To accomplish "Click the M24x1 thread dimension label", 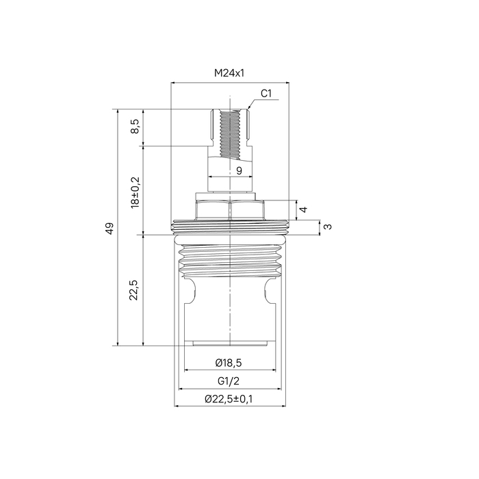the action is coord(229,73).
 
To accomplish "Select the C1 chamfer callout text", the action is coord(266,94).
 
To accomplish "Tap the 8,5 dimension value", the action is coord(135,126).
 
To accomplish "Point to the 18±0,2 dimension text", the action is coord(135,192).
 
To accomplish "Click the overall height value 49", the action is coord(109,228).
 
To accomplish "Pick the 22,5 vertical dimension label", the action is coord(134,290).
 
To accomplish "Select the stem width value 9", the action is coord(239,171).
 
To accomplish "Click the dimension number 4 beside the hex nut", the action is coord(304,209).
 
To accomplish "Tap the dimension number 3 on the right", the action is coord(328,226).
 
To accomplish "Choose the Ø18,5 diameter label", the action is coord(229,363).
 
